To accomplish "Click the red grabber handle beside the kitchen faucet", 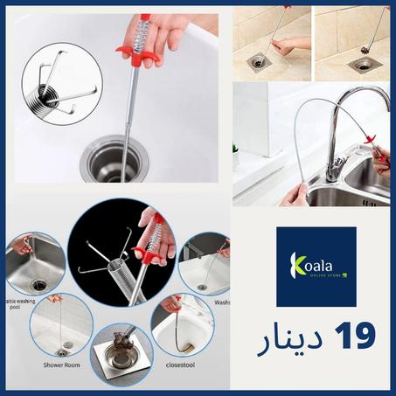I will pos(378,154).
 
